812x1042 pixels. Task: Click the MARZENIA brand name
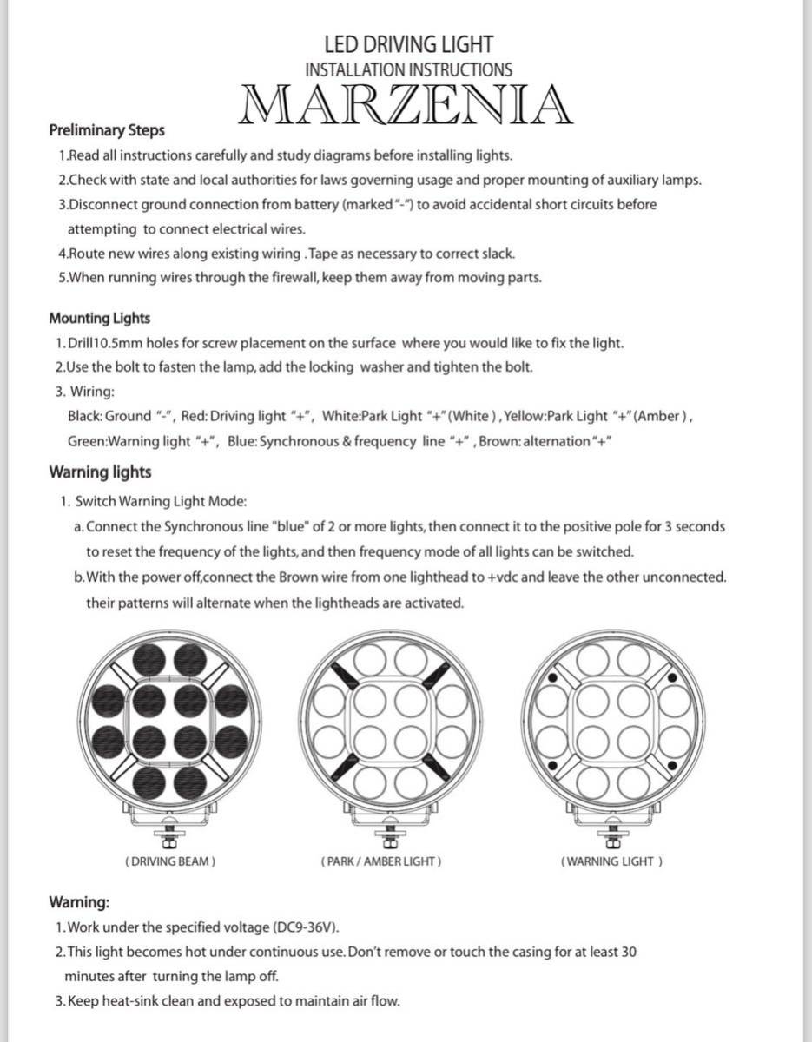tap(407, 105)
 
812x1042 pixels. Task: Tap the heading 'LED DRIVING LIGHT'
tap(408, 44)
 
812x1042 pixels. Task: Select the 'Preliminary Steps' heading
tap(107, 131)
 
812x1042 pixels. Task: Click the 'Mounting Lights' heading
tap(99, 319)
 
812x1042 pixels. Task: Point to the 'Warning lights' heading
tap(100, 472)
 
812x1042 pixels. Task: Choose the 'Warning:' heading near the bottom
tap(79, 902)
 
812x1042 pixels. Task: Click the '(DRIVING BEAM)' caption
tap(170, 861)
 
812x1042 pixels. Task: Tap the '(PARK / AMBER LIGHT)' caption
tap(381, 861)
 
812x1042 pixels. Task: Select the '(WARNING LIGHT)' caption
tap(611, 861)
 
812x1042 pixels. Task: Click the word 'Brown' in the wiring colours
tap(498, 441)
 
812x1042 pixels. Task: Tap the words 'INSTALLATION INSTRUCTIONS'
tap(408, 69)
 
